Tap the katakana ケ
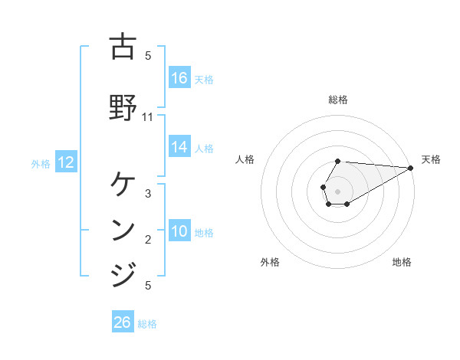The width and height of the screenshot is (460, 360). pos(123,184)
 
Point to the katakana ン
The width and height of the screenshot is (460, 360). pos(123,230)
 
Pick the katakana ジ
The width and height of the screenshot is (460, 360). pos(123,274)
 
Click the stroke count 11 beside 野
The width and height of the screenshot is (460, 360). pos(148,117)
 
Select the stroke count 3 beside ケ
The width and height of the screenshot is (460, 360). pos(148,194)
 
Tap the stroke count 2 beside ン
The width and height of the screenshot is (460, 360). pos(148,240)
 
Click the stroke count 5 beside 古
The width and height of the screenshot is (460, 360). pos(148,56)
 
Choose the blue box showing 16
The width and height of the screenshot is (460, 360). pos(179,77)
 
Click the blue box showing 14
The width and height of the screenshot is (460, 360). pos(179,147)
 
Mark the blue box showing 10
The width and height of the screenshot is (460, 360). pos(179,231)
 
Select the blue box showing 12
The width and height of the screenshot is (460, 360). pos(66,162)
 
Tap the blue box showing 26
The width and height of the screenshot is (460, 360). pos(123,322)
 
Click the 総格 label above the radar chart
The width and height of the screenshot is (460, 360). pos(338,100)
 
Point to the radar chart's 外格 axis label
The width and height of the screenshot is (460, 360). pos(270,262)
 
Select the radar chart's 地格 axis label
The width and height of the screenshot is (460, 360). pos(402,262)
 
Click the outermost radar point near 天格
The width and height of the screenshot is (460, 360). pos(411,168)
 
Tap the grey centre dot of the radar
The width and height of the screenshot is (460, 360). pos(338,191)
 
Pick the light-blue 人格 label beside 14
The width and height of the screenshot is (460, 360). pos(204,148)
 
